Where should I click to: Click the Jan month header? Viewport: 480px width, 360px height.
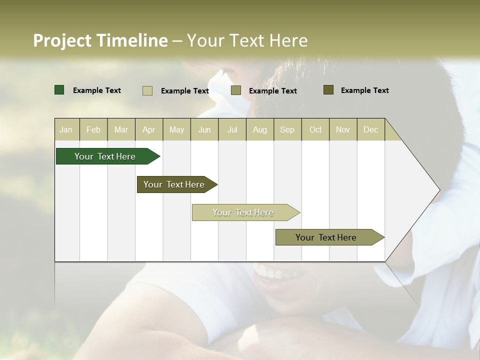click(x=66, y=129)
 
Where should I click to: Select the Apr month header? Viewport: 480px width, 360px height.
click(x=148, y=129)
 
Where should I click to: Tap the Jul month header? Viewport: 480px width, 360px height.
click(x=232, y=129)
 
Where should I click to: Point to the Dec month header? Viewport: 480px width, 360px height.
click(x=370, y=129)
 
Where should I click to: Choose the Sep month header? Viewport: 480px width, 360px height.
click(x=287, y=129)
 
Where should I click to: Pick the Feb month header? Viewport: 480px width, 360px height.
click(x=93, y=129)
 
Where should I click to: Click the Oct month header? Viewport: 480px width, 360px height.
click(x=315, y=129)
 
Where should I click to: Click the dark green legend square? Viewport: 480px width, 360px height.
click(x=59, y=90)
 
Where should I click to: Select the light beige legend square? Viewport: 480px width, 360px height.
click(x=147, y=90)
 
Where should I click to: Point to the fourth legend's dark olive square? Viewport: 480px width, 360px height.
click(x=328, y=90)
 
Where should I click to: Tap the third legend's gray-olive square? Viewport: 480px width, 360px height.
click(x=236, y=90)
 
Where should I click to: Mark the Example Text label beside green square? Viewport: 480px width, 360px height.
click(x=97, y=90)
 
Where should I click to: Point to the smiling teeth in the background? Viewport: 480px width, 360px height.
click(x=272, y=273)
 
